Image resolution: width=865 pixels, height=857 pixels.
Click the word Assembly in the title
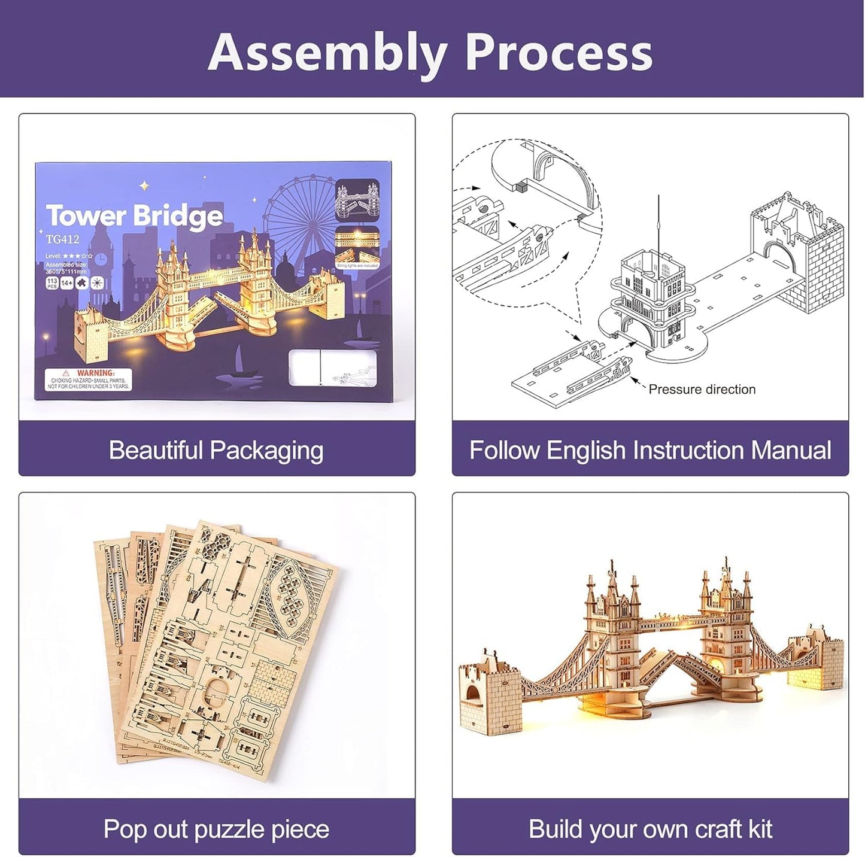(x=327, y=53)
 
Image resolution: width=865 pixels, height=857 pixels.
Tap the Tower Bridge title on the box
(x=134, y=216)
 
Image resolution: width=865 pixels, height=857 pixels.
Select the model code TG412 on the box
(x=62, y=239)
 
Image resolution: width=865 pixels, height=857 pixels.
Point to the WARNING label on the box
(x=88, y=379)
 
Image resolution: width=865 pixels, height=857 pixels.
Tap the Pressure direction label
(x=702, y=390)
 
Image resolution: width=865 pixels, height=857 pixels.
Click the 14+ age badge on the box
(x=66, y=282)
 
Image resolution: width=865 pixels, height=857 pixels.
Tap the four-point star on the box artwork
(x=144, y=186)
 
